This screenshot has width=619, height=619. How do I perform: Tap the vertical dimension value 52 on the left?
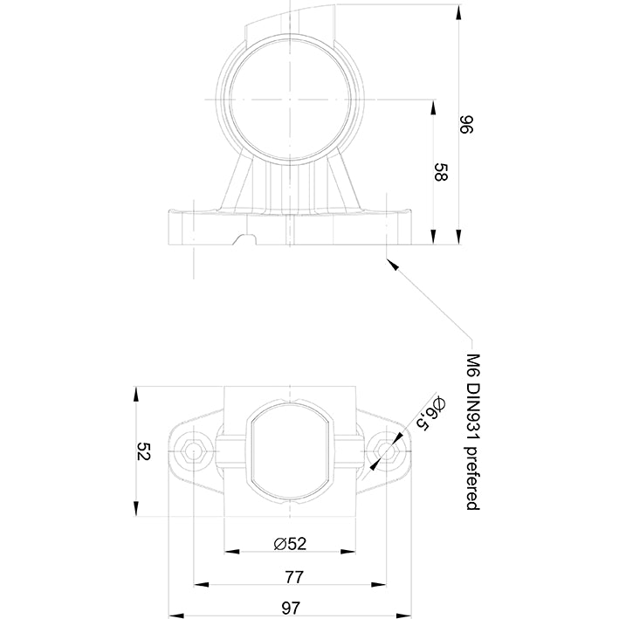(x=145, y=451)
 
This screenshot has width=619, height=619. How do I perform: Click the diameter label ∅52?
(x=290, y=543)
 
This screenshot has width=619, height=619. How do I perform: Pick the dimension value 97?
(x=292, y=607)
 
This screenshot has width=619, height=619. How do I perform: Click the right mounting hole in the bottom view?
(x=385, y=450)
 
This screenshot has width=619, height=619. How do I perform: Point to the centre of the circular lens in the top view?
(x=289, y=99)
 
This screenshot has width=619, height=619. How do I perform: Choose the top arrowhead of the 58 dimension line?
(x=434, y=105)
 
